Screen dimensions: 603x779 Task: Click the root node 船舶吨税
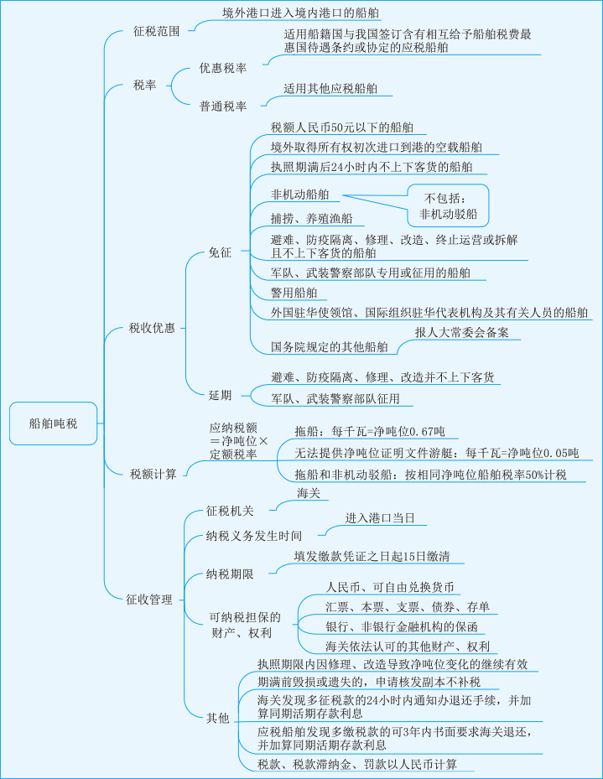pos(53,423)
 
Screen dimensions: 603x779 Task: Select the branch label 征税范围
pos(157,31)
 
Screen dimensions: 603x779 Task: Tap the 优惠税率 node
pos(223,68)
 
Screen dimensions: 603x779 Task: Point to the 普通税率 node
pos(223,106)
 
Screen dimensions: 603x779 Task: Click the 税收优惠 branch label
pos(152,328)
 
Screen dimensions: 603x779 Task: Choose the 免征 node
pos(220,252)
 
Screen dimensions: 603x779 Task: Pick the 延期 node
pos(220,396)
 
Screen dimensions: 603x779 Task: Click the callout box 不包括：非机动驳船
pos(448,205)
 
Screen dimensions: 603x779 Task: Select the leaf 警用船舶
pos(294,293)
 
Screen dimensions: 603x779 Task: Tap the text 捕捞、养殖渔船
pos(311,219)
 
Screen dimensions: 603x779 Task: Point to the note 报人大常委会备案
pos(462,332)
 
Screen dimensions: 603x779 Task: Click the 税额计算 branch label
pos(153,474)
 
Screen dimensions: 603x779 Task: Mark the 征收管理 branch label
pos(149,600)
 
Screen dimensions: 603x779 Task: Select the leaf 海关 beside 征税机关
pos(309,493)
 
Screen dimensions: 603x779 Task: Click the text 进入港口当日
pos(380,518)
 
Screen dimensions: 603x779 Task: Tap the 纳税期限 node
pos(230,574)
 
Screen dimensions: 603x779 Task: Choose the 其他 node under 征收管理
pos(218,718)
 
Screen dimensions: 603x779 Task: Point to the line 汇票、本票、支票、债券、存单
pos(408,606)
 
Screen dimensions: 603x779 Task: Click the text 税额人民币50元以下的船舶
pos(341,127)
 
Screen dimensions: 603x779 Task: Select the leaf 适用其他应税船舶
pos(330,88)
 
